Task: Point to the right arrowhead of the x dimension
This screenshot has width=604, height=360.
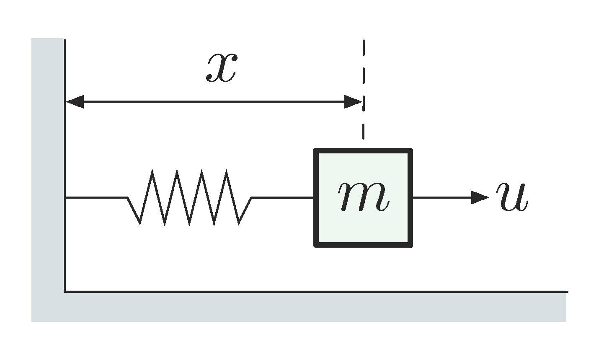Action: [353, 101]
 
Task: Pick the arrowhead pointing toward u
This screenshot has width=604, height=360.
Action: [480, 197]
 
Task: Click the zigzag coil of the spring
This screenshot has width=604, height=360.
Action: [189, 197]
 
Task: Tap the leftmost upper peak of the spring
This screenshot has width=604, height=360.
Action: [152, 171]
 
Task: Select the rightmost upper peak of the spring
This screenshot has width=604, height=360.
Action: [227, 171]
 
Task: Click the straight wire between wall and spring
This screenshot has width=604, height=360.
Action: [96, 197]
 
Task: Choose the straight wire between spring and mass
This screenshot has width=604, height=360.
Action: [283, 197]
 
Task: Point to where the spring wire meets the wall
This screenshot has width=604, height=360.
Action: [65, 197]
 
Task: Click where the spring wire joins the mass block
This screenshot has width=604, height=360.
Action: [315, 197]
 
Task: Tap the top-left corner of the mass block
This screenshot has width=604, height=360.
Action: [316, 150]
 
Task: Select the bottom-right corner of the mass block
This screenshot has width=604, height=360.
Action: [411, 245]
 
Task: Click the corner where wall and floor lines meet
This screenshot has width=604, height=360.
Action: [65, 291]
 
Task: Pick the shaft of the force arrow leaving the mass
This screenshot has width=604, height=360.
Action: [442, 197]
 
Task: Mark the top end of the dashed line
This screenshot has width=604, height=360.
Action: [364, 41]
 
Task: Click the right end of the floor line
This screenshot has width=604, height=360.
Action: [567, 291]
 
